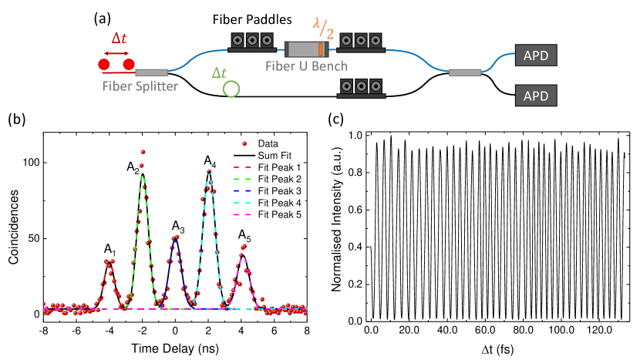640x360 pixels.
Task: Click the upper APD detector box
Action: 534,56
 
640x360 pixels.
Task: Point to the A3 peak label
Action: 177,227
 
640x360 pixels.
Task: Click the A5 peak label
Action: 244,233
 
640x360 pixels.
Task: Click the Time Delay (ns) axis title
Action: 176,346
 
